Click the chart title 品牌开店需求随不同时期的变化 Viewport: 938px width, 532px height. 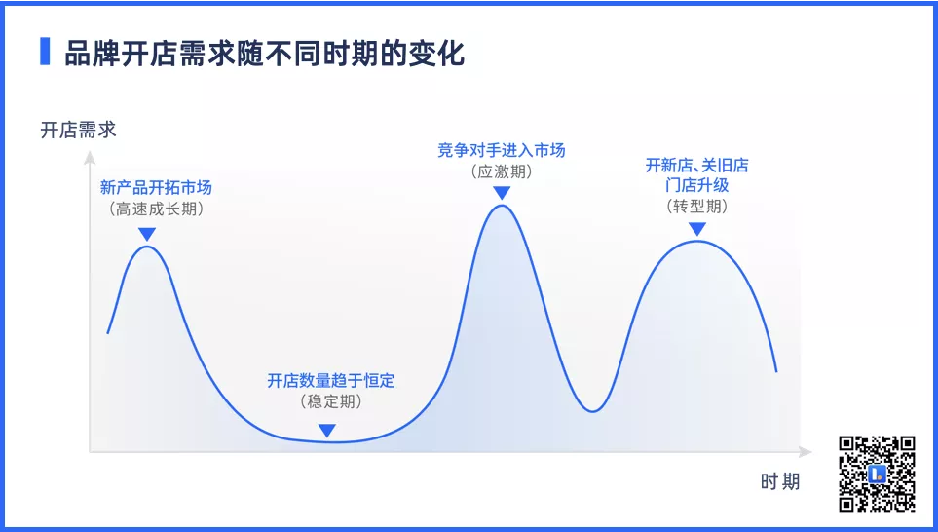264,54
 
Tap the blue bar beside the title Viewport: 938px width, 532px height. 45,52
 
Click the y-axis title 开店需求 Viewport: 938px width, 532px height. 78,130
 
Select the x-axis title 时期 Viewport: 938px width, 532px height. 780,481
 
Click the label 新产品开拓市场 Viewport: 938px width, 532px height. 156,187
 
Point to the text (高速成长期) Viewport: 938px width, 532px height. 156,209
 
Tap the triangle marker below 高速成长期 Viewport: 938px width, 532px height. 147,234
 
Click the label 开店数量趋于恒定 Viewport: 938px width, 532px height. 331,381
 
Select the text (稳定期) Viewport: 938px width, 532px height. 331,400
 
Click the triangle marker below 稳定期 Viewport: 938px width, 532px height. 326,431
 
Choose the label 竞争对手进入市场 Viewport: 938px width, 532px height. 502,150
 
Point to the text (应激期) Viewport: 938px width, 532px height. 502,171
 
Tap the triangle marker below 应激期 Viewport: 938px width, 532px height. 502,193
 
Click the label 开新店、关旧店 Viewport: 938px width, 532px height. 696,166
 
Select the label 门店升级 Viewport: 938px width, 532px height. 696,185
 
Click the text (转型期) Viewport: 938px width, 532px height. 696,206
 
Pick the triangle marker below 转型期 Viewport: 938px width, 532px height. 697,229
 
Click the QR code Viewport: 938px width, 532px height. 877,474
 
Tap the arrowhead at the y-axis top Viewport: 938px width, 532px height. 90,157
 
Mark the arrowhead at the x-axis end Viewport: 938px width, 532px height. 805,451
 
